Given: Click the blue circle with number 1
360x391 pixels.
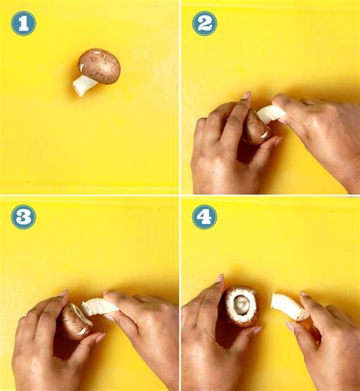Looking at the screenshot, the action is click(24, 24).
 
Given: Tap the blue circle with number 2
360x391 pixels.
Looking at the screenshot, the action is click(204, 24).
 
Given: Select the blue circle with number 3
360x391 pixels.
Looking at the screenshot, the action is click(24, 217).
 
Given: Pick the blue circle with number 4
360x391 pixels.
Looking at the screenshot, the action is click(204, 217).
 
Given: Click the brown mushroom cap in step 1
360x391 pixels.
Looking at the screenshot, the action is click(99, 66).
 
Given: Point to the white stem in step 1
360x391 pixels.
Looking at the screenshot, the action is click(84, 85).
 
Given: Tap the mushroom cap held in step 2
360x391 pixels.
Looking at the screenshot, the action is click(255, 127).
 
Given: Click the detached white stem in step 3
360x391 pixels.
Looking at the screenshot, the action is click(99, 307).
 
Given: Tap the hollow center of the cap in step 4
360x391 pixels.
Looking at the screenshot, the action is click(242, 303).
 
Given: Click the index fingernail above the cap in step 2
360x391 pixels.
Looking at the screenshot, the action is click(246, 95).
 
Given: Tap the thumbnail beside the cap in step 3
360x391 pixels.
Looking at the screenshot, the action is click(100, 337).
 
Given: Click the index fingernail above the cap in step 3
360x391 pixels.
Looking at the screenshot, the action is click(64, 293).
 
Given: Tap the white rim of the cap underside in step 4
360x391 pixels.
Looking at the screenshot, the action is click(230, 313).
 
